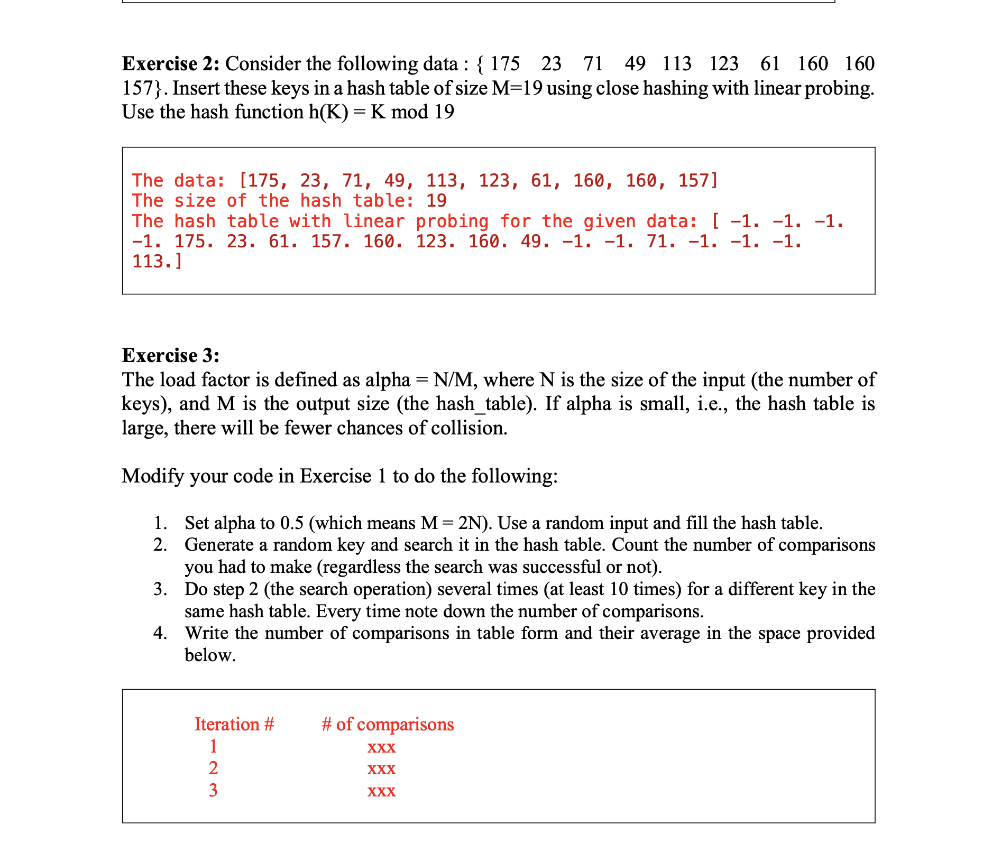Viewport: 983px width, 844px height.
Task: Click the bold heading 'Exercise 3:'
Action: pyautogui.click(x=170, y=356)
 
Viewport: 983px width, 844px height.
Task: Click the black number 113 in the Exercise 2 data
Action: pyautogui.click(x=676, y=64)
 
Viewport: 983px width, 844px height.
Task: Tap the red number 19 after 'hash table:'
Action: pyautogui.click(x=436, y=201)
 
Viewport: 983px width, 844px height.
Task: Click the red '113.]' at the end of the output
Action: pyautogui.click(x=157, y=262)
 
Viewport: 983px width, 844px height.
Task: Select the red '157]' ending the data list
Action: pyautogui.click(x=698, y=181)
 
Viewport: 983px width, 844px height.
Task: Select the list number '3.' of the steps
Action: pyautogui.click(x=160, y=589)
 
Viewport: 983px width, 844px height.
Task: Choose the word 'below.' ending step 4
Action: pyautogui.click(x=210, y=656)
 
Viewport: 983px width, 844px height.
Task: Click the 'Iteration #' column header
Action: pyautogui.click(x=234, y=725)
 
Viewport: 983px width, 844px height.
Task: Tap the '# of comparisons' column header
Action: pyautogui.click(x=388, y=725)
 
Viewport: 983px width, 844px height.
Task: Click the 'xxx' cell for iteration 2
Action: pyautogui.click(x=381, y=768)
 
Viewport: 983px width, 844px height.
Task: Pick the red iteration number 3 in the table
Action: pyautogui.click(x=213, y=791)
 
